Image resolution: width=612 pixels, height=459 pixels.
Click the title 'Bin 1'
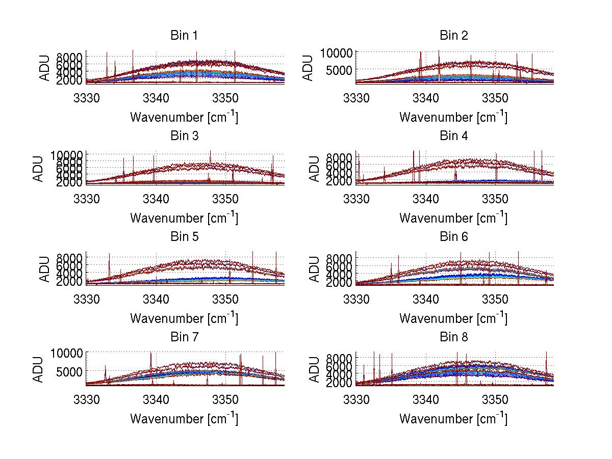(184, 36)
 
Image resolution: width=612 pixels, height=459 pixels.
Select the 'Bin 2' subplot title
(453, 36)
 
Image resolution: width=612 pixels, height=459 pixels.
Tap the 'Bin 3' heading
(184, 136)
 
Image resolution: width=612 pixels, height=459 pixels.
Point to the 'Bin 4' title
(453, 136)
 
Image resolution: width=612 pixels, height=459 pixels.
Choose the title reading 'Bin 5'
(184, 237)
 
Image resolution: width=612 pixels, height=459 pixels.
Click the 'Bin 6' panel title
(453, 237)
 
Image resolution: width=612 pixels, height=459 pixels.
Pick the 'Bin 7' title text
(184, 337)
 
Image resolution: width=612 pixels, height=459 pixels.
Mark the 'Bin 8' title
(453, 337)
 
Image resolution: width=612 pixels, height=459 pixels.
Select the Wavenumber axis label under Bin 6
(453, 318)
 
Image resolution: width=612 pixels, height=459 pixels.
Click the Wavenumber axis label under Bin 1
(184, 117)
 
